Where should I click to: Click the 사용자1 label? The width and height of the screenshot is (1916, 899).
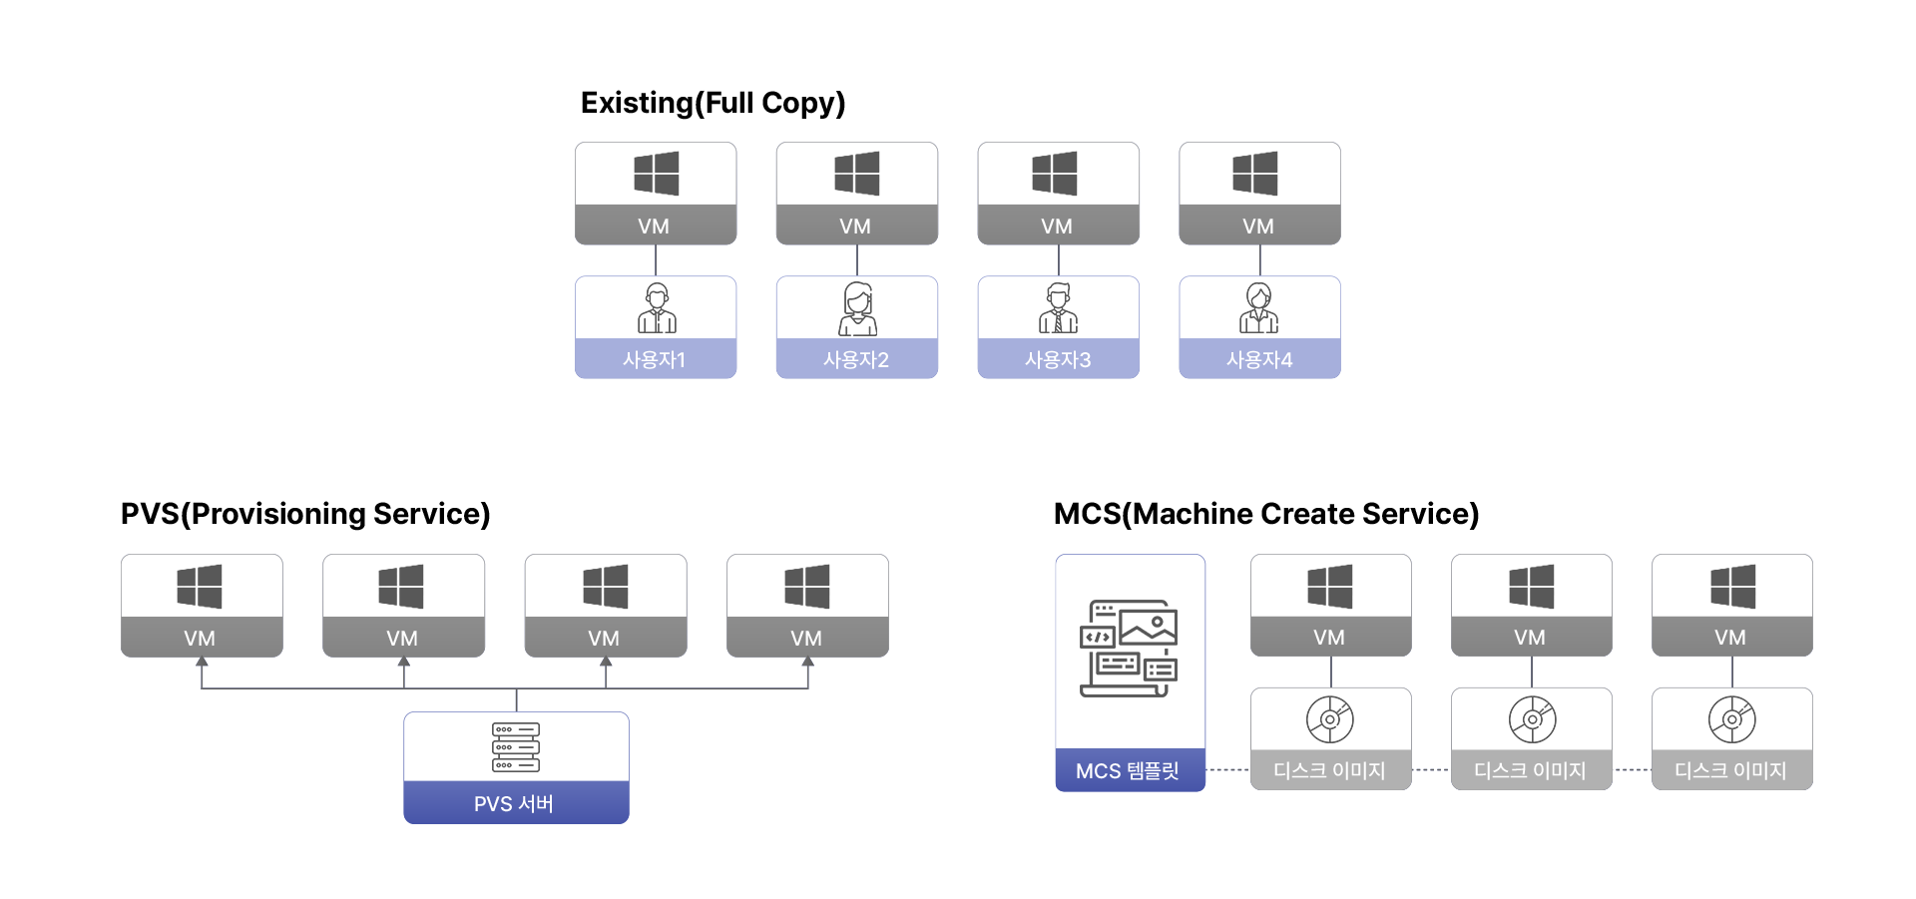(655, 359)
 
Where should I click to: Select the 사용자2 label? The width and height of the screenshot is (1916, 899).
(856, 359)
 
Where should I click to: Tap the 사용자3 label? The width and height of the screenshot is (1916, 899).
(1058, 359)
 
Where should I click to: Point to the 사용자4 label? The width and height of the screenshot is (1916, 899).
(1259, 359)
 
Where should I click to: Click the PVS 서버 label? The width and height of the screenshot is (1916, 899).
(514, 803)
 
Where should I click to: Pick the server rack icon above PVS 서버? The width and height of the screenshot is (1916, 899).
(516, 747)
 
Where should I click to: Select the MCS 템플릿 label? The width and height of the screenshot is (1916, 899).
(1128, 770)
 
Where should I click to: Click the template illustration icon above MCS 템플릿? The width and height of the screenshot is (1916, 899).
(1129, 648)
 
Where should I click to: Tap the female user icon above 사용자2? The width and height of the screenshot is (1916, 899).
(857, 308)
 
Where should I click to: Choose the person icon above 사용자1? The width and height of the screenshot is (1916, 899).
(657, 308)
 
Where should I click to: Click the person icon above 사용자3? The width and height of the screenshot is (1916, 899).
(1059, 308)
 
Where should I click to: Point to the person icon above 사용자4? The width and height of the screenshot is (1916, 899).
(1259, 308)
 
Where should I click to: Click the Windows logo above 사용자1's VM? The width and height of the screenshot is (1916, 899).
(657, 174)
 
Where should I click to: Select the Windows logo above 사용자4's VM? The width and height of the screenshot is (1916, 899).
(1255, 174)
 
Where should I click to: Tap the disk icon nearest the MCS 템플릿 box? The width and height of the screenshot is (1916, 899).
(1330, 719)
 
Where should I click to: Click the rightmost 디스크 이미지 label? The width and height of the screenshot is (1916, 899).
(1730, 770)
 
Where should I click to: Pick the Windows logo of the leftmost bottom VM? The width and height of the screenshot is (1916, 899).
(200, 586)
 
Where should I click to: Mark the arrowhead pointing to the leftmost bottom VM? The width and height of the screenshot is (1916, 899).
(203, 662)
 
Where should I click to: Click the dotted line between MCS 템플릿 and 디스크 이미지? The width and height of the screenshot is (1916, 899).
(1228, 770)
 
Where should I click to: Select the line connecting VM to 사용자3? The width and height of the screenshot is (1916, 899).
(1059, 260)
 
